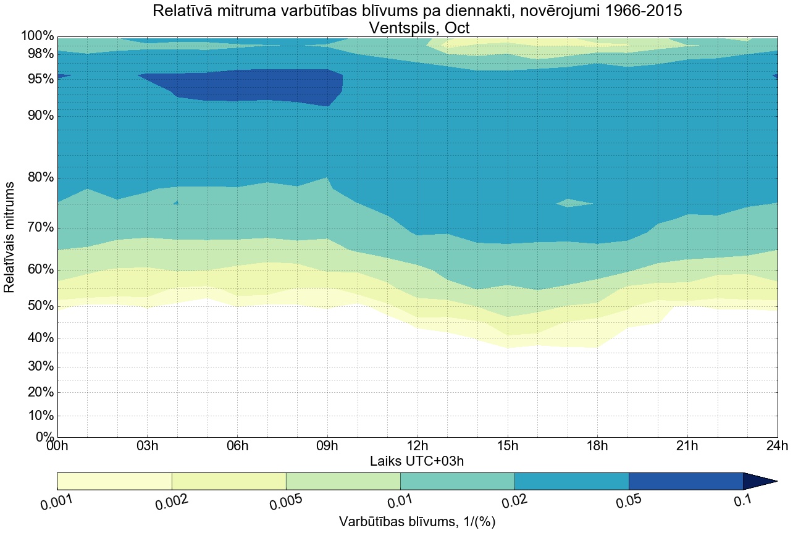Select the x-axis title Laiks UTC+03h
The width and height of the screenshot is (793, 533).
(x=417, y=461)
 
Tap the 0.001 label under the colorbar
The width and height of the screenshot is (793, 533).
(x=57, y=502)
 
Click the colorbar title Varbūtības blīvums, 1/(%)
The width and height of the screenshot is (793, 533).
(x=417, y=522)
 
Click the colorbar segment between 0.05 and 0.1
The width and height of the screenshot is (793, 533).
(x=686, y=481)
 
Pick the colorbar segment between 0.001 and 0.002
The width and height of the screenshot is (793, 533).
(x=114, y=481)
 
